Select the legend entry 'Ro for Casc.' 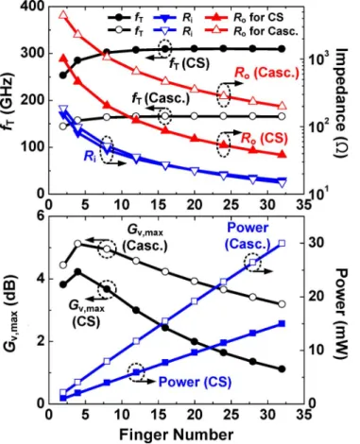(251, 30)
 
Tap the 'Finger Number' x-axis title (177, 435)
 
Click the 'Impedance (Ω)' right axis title (341, 103)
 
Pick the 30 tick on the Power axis (315, 244)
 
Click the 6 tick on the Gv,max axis (41, 216)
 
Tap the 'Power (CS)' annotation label (195, 382)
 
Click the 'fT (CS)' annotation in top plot (190, 64)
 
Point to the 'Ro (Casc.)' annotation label (266, 73)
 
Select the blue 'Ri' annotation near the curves (90, 156)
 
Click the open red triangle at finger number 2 (63, 15)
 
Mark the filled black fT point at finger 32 (282, 49)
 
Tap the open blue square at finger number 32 (282, 243)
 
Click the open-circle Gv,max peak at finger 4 (77, 244)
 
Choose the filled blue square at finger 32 (282, 323)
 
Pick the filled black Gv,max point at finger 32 (282, 369)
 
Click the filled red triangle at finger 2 (63, 59)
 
